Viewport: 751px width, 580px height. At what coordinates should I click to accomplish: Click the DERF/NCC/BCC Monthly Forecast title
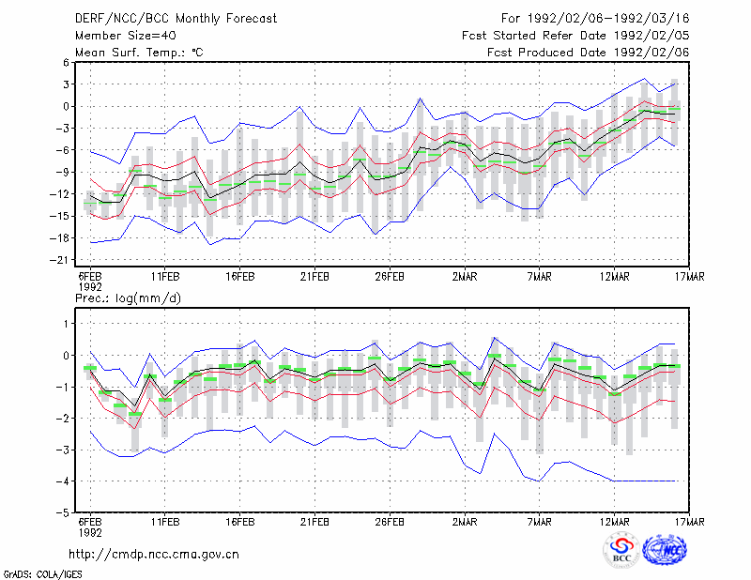tap(176, 19)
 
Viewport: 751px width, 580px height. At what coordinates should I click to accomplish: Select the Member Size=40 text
tap(126, 36)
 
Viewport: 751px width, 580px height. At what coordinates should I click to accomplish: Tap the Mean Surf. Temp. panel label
tap(139, 53)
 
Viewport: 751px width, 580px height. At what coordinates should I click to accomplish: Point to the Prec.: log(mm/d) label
tap(128, 298)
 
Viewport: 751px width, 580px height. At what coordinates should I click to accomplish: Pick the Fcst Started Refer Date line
tap(575, 36)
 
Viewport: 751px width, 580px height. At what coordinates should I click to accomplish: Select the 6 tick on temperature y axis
tap(66, 62)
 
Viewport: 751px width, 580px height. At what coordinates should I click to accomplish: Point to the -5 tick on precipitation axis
tap(62, 512)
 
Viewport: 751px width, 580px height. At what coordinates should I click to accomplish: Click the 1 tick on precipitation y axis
tap(67, 324)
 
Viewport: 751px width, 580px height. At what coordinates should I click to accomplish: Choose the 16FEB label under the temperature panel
tap(240, 277)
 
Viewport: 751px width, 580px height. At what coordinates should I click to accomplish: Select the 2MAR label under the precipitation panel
tap(465, 522)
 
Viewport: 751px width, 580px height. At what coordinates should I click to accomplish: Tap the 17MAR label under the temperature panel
tap(690, 277)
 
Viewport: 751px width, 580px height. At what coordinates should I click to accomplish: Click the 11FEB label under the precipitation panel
tap(165, 522)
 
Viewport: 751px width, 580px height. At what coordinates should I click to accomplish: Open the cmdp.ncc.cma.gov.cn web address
tap(154, 555)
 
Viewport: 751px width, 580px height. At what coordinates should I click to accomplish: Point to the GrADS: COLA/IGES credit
tap(42, 574)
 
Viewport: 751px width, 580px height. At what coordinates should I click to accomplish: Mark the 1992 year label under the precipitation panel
tap(90, 532)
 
